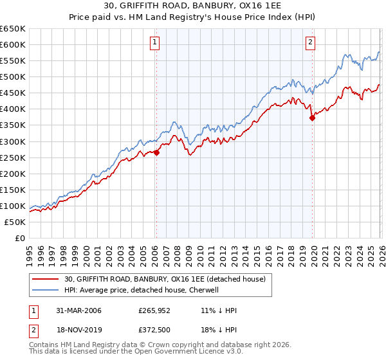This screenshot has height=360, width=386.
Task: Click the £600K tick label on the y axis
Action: click(x=13, y=44)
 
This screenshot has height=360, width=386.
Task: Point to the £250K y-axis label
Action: click(x=13, y=157)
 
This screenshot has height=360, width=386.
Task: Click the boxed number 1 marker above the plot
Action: click(x=156, y=43)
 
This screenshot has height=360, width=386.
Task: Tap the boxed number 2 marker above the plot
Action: click(x=311, y=43)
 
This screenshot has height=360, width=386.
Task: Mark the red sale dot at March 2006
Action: click(x=156, y=152)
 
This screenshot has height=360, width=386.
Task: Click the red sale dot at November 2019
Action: click(x=312, y=118)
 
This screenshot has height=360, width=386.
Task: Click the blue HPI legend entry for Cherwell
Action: click(x=142, y=290)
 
